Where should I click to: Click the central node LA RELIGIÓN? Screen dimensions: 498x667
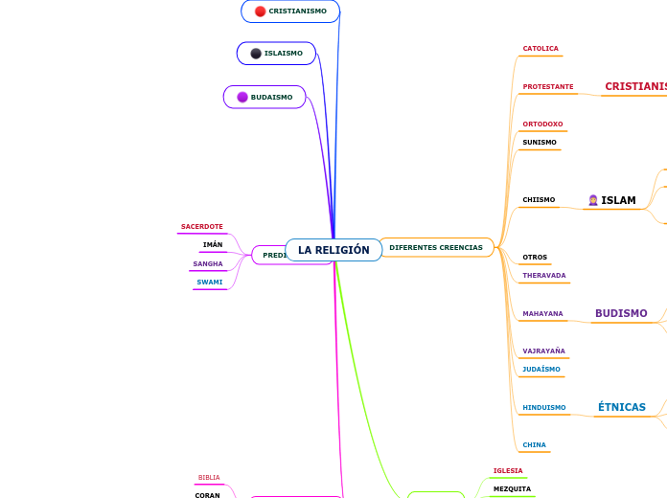click(333, 250)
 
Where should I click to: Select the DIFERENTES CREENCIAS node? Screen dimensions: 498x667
click(436, 248)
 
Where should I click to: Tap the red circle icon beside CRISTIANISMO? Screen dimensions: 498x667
click(261, 11)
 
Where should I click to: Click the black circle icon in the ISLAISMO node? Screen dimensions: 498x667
click(256, 54)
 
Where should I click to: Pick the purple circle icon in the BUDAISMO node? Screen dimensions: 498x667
click(242, 97)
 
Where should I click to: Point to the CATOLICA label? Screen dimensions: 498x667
click(540, 49)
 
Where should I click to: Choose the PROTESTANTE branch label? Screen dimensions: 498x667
click(548, 87)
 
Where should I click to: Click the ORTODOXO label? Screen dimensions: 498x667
click(542, 124)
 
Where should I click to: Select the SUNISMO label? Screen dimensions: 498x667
click(540, 143)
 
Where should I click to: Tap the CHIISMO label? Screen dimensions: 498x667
click(539, 200)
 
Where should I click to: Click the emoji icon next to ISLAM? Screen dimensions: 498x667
click(593, 200)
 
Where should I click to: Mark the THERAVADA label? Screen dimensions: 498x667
click(544, 276)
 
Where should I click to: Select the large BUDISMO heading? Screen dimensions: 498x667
click(621, 313)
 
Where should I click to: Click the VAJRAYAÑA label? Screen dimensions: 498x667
click(543, 351)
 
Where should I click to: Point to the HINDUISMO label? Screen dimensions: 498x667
click(544, 408)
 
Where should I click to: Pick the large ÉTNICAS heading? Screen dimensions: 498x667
click(622, 407)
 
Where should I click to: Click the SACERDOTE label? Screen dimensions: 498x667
click(202, 227)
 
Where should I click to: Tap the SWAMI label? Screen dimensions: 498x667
click(210, 283)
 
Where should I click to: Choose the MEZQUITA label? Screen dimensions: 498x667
click(512, 489)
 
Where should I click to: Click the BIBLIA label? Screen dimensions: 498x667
click(209, 478)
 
